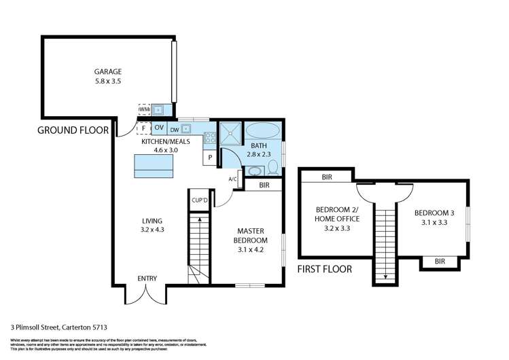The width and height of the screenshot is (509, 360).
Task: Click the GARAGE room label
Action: (x=107, y=71)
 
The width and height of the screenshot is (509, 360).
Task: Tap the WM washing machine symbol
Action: (x=144, y=109)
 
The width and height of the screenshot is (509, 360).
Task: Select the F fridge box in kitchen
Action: (x=143, y=127)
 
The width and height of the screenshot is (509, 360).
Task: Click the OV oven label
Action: (x=158, y=127)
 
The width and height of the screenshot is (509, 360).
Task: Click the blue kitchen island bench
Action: (x=154, y=164)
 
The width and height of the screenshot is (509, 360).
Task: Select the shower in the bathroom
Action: (x=229, y=132)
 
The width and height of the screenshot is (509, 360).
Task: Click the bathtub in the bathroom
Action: (x=262, y=130)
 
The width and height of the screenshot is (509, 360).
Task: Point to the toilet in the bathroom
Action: (x=273, y=166)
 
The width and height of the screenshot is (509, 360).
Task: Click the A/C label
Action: (x=232, y=179)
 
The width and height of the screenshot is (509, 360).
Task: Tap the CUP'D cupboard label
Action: (x=200, y=201)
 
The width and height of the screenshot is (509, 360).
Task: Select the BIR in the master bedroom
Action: (x=264, y=184)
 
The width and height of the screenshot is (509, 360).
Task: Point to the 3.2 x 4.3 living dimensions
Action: (x=152, y=230)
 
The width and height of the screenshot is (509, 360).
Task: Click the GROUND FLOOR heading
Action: (x=73, y=130)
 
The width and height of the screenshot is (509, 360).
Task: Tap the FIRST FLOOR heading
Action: (x=325, y=269)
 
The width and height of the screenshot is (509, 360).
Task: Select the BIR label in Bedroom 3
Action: (x=440, y=261)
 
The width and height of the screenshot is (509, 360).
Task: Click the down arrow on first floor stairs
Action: (x=385, y=276)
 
